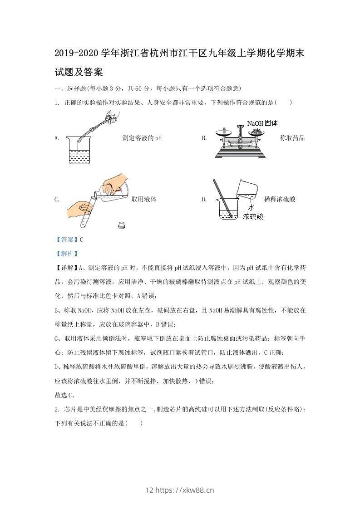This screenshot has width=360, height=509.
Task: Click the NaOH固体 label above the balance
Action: click(262, 123)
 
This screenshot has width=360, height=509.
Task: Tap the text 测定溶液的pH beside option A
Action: click(142, 138)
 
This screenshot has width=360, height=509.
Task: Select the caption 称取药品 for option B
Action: click(292, 138)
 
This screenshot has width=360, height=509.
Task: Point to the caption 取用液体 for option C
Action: click(144, 199)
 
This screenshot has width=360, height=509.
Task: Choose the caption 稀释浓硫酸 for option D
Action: click(279, 199)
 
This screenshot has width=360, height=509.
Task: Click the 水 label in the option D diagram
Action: click(251, 207)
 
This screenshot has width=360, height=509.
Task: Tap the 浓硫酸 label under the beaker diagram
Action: click(253, 217)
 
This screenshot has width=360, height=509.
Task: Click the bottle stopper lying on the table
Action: click(121, 224)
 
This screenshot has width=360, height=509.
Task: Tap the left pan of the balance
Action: click(222, 132)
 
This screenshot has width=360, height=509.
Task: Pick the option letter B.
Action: click(204, 138)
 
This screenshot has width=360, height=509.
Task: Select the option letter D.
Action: click(204, 199)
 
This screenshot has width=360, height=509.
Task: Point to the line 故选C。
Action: click(64, 395)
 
